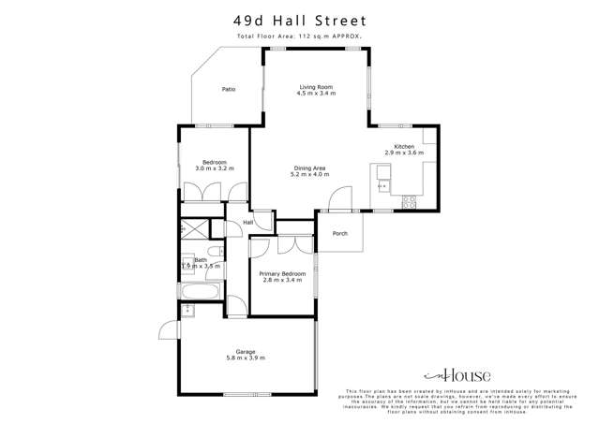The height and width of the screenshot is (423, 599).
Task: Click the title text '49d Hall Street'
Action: pos(299,20)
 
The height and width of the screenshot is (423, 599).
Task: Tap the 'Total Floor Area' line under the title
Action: pos(299,36)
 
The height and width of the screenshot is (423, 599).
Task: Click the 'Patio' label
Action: pos(228,90)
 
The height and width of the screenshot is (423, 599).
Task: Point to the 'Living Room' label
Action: pos(315,87)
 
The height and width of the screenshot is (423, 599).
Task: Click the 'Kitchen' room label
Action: pos(404,146)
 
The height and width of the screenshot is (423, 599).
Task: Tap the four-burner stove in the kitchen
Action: pos(409,201)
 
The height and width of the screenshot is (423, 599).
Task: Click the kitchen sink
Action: pos(382,172)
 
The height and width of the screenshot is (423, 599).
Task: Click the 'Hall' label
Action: pos(249,222)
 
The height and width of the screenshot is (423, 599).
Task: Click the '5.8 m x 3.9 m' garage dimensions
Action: pos(246,358)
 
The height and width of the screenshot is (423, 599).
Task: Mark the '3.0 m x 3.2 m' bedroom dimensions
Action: pos(214,168)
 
